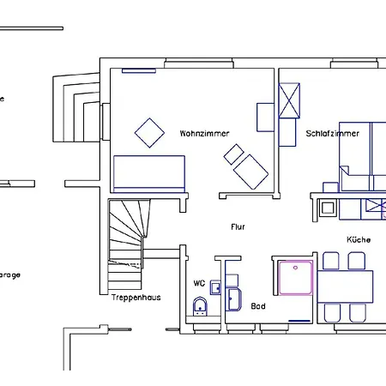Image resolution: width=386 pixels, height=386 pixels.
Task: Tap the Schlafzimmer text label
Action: [332, 134]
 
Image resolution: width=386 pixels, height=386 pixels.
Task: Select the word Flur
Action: [238, 227]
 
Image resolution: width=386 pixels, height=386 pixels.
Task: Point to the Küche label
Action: [359, 240]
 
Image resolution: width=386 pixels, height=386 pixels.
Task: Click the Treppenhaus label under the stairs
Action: [135, 298]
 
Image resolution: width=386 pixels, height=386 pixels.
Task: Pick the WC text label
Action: [198, 282]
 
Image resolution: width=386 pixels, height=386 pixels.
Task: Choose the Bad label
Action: [258, 305]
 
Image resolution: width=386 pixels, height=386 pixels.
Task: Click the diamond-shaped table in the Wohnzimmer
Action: [150, 132]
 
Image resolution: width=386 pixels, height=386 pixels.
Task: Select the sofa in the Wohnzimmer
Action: [150, 173]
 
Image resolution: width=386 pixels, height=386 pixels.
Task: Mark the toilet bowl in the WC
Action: [200, 305]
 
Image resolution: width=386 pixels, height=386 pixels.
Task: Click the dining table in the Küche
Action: [346, 284]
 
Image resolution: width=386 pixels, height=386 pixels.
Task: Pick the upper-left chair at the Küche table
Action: [331, 261]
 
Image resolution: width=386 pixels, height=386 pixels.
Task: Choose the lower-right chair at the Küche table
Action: [358, 312]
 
